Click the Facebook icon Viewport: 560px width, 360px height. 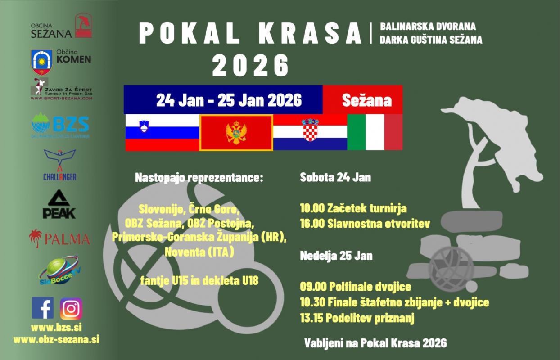(x=43, y=308)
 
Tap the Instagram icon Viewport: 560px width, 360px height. (x=71, y=308)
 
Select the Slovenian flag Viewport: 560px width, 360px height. (x=162, y=132)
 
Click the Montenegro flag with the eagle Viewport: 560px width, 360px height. (x=236, y=133)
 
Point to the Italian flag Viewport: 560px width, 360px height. (x=375, y=132)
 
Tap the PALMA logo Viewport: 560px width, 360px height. (x=59, y=237)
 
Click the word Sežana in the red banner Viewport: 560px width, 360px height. (x=367, y=99)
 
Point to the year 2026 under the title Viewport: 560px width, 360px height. (x=250, y=66)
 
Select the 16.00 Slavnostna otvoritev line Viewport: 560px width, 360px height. (x=365, y=223)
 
